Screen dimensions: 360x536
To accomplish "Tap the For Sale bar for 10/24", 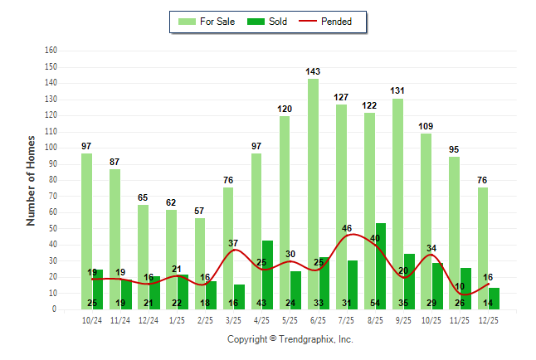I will pos(86,231).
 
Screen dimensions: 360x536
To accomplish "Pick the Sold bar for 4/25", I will pos(267,275).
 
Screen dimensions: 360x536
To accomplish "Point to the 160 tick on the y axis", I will pos(51,51).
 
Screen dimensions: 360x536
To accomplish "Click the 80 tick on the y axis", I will pos(53,180).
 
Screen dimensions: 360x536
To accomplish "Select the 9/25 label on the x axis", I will pos(403,319).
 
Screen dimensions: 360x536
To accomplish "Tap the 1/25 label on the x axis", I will pos(178,319).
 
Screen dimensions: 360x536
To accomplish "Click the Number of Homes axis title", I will pos(31,180).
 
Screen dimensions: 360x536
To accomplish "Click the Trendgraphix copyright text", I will pos(290,339).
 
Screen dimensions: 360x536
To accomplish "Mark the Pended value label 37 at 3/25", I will pos(234,243).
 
